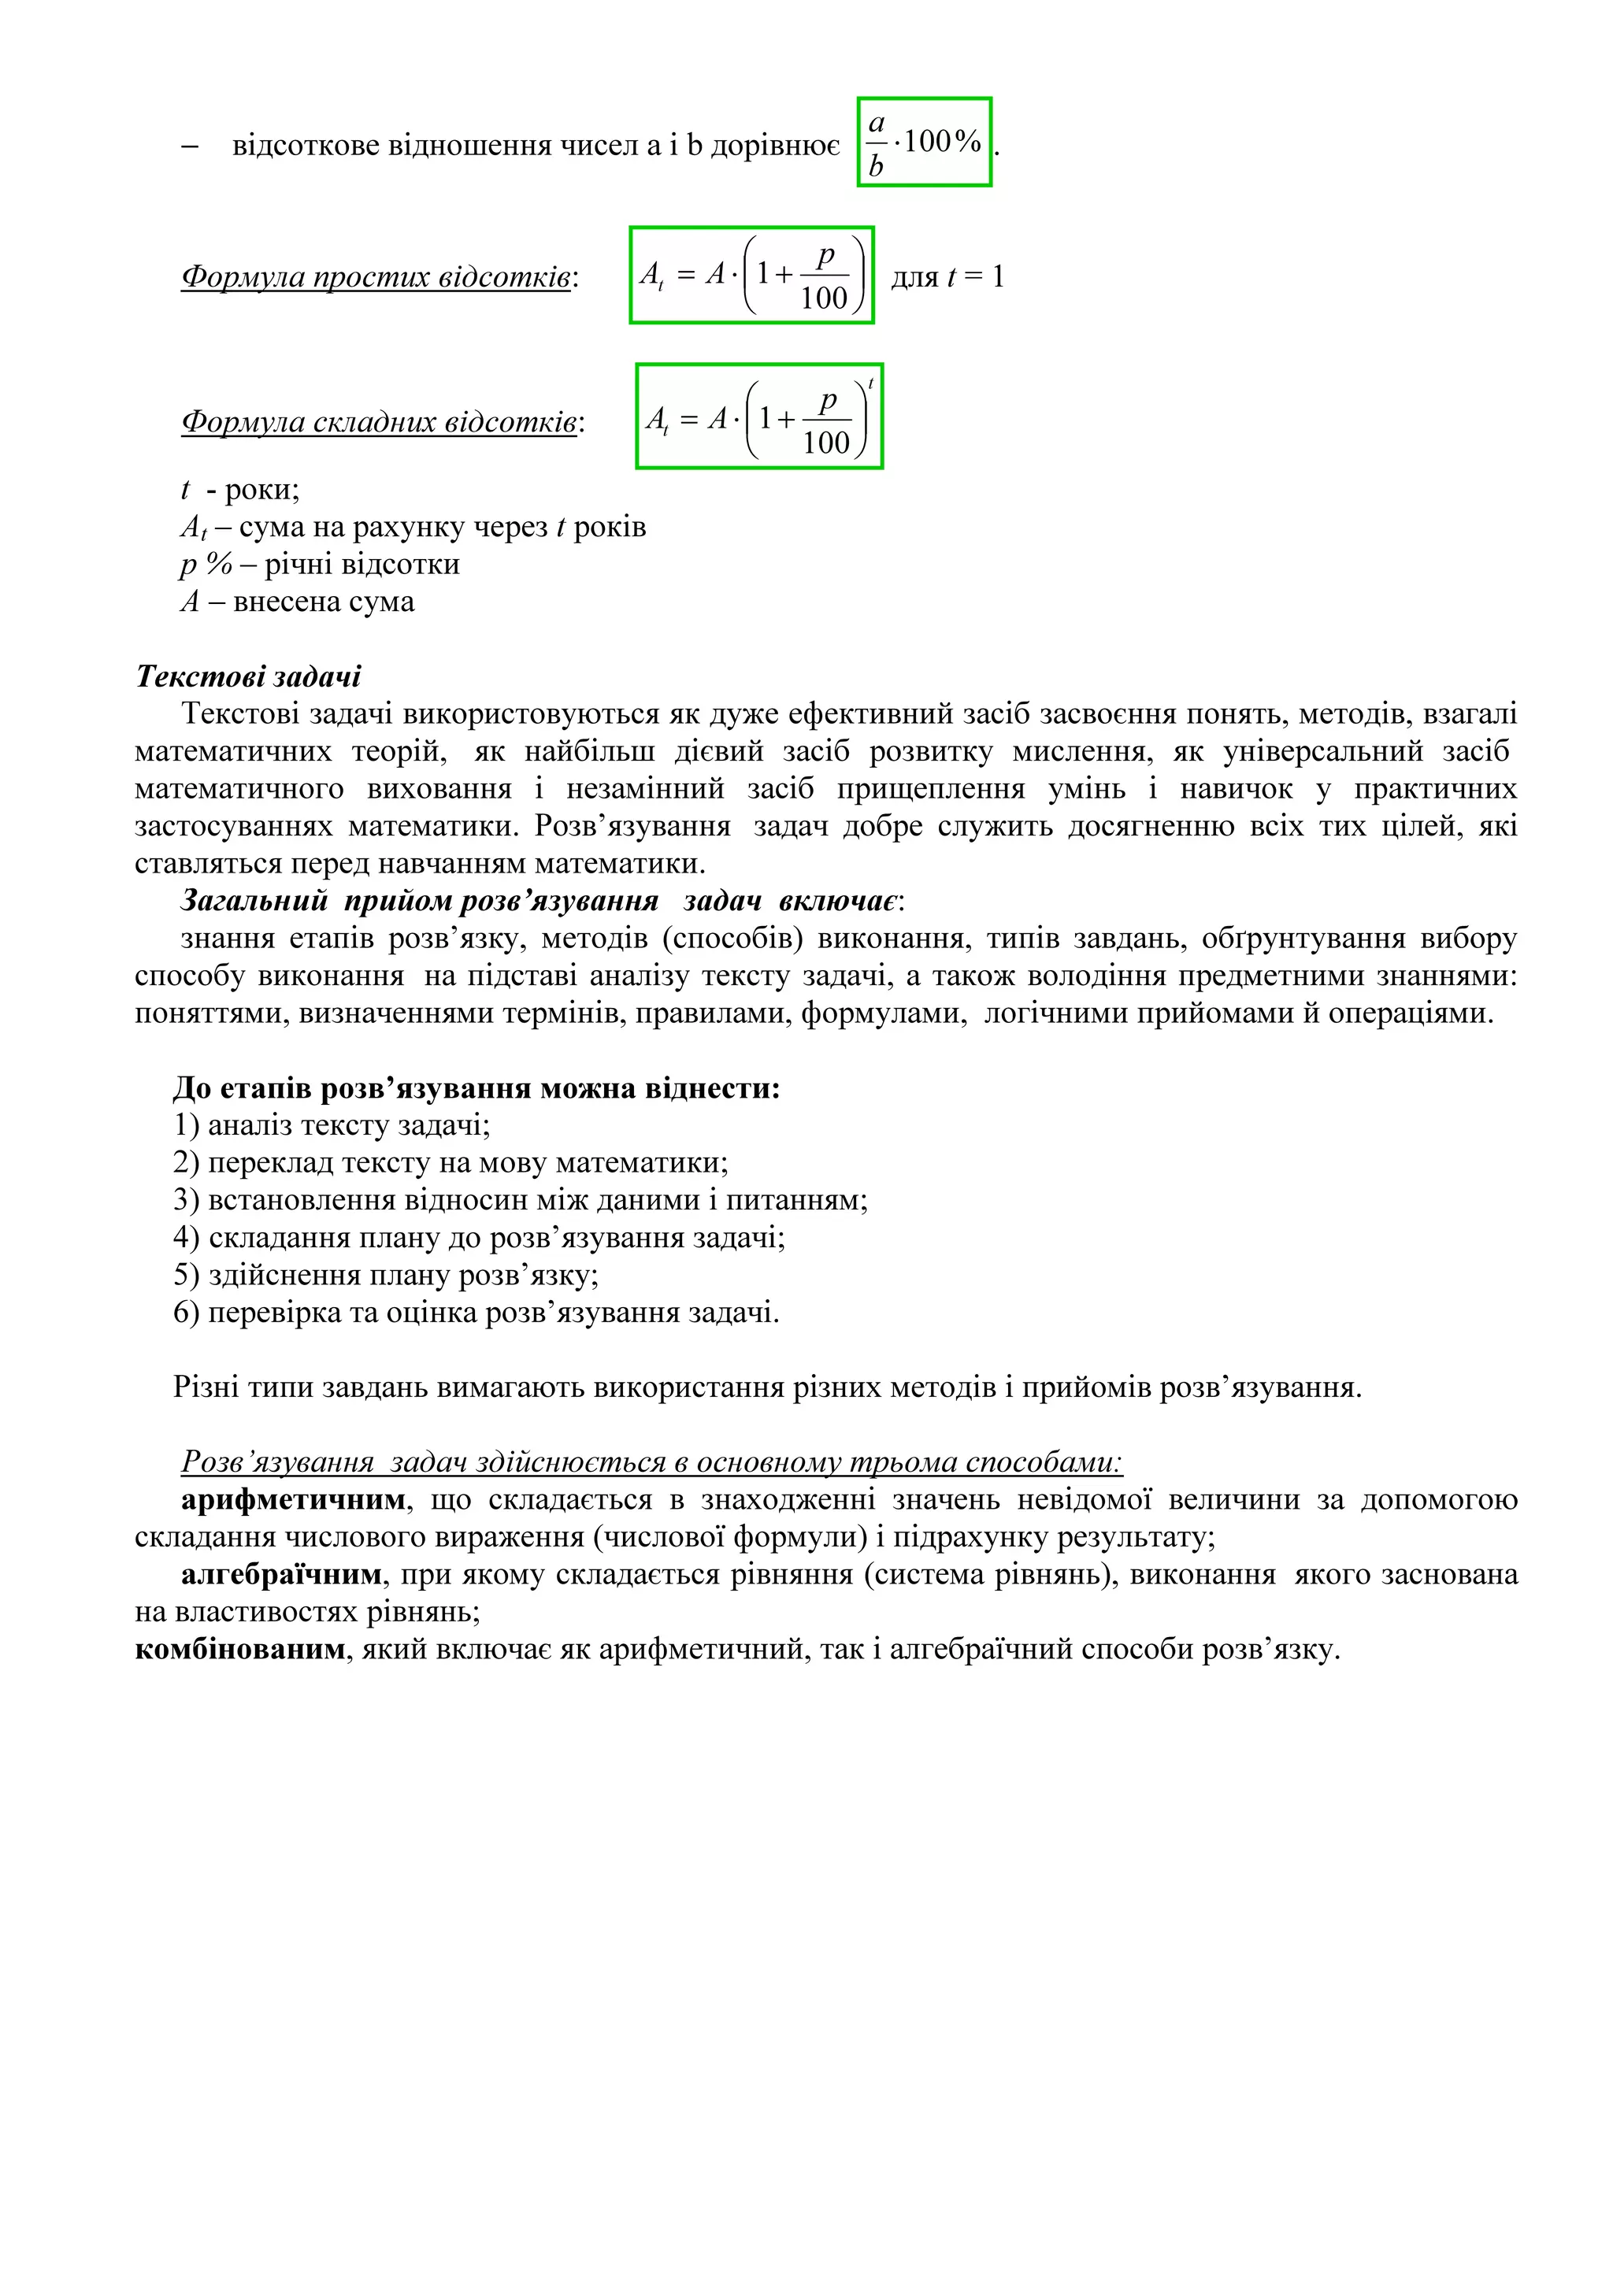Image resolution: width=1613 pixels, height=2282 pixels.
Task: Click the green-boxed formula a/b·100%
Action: click(925, 142)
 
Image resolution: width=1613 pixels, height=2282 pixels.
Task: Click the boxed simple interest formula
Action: click(751, 276)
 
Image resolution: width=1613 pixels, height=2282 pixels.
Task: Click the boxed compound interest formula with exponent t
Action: click(759, 417)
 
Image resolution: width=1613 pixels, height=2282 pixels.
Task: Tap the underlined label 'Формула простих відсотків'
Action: click(376, 276)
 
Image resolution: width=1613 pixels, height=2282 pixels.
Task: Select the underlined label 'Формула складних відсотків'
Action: click(380, 422)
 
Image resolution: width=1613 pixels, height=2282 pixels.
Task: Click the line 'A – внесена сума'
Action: click(297, 602)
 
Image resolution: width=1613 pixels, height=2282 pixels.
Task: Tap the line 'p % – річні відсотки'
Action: click(320, 565)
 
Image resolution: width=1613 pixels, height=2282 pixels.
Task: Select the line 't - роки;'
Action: click(239, 490)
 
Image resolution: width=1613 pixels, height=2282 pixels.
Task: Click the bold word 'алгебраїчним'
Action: click(281, 1574)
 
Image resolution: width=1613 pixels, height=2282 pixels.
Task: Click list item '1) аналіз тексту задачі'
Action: click(331, 1125)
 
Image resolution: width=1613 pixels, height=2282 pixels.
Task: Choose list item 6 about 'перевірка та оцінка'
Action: click(476, 1313)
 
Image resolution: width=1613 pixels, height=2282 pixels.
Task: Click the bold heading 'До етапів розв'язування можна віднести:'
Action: click(476, 1088)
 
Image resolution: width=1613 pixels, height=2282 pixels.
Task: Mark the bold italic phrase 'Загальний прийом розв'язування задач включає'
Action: click(540, 902)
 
